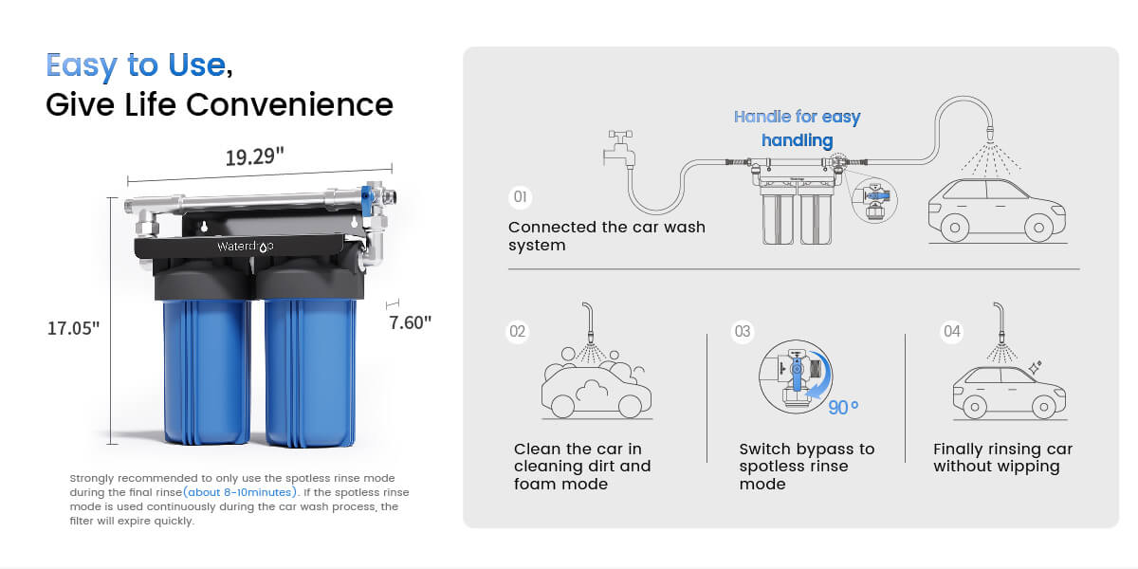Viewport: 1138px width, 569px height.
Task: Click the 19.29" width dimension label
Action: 254,156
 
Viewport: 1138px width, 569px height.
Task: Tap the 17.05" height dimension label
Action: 73,328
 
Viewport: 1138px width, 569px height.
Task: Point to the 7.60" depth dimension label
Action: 410,322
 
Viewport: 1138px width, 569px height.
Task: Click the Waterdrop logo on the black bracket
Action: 246,247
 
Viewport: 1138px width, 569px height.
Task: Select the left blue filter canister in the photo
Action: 206,371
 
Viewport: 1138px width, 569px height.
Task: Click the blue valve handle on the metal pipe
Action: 366,195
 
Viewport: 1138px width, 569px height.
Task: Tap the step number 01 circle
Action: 520,196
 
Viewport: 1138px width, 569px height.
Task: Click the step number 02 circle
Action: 517,331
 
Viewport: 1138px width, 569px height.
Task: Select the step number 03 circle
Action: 743,331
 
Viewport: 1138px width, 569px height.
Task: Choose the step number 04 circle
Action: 951,331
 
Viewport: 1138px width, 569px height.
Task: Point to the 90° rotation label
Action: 843,408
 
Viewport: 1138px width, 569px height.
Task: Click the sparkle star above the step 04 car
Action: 1035,367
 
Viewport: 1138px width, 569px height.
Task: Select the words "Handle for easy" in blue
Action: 797,117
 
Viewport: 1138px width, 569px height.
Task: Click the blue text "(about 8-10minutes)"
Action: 240,492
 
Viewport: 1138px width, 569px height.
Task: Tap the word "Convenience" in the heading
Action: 289,104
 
